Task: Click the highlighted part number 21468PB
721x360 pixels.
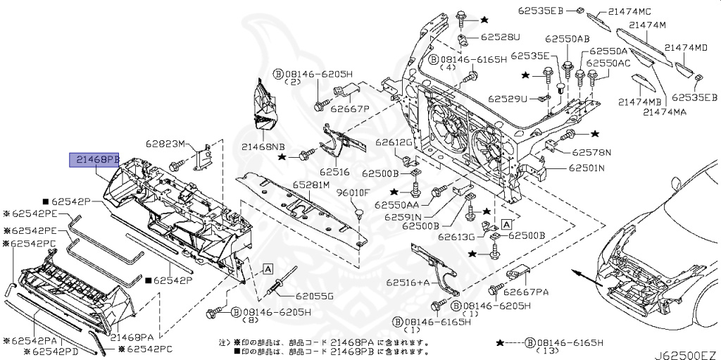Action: tap(94, 161)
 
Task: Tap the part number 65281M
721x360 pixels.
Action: tap(311, 185)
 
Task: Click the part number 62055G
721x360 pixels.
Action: tap(314, 296)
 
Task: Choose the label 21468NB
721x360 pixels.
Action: tap(263, 147)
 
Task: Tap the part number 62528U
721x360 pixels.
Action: tap(501, 37)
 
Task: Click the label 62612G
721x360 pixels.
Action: tap(393, 142)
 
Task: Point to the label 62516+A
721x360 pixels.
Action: tap(407, 282)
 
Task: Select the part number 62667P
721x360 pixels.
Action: tap(350, 108)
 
